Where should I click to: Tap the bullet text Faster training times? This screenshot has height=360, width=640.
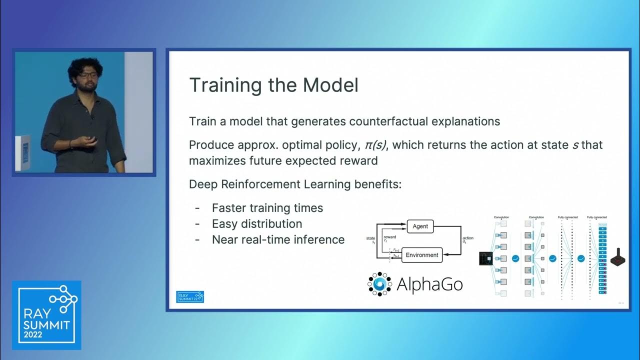(267, 208)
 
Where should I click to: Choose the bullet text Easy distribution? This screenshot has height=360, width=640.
(257, 224)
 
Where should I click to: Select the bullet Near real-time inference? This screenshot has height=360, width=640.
(278, 240)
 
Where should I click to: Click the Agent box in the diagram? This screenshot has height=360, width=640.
(420, 226)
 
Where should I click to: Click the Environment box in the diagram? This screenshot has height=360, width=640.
(421, 255)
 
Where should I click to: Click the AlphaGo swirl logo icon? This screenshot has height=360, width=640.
(379, 284)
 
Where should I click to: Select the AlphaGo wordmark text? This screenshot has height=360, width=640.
(429, 284)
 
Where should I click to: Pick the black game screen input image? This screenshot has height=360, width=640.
(485, 258)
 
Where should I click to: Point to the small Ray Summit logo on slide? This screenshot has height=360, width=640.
(190, 296)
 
